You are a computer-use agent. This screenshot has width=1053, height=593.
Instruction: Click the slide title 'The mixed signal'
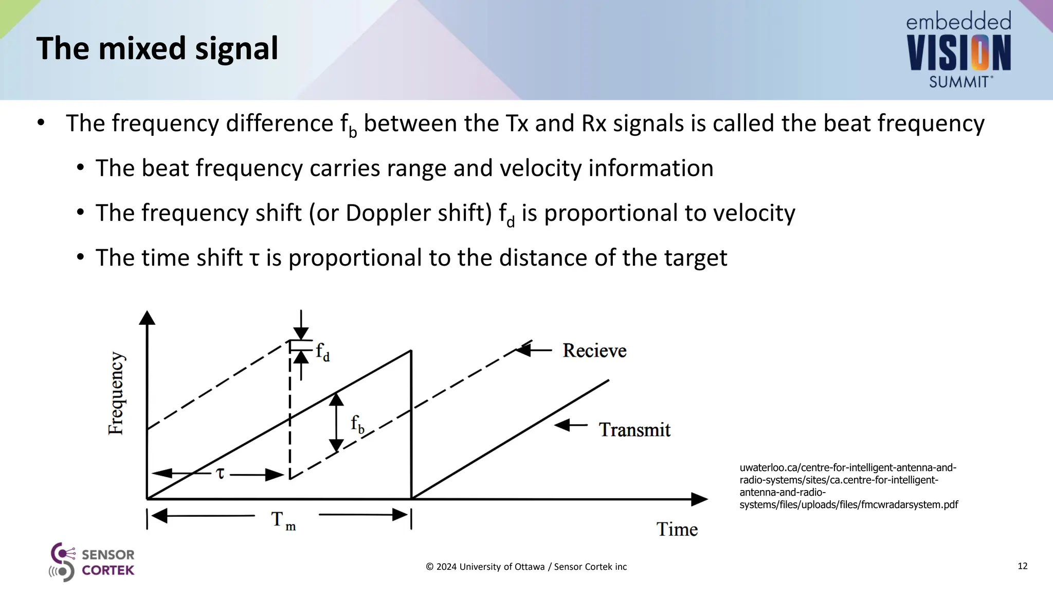tap(157, 48)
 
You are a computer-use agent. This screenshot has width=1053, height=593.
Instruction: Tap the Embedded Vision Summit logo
tap(959, 50)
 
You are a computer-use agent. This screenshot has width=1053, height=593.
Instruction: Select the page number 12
tap(1022, 566)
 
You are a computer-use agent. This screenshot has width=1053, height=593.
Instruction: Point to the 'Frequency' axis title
tap(116, 393)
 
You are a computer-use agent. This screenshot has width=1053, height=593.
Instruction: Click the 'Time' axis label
tap(677, 529)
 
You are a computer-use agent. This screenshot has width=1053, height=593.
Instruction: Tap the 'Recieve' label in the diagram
tap(594, 351)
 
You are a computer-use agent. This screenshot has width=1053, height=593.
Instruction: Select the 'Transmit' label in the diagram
tap(634, 429)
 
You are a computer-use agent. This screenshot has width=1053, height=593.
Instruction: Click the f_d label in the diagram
tap(322, 352)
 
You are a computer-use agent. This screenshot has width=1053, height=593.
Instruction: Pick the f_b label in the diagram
tap(357, 425)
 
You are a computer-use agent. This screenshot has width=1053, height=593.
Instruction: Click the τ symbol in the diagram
tap(220, 473)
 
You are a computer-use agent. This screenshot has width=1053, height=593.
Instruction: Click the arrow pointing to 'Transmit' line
tap(571, 425)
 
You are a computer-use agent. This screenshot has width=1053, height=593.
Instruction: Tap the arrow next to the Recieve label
tap(533, 350)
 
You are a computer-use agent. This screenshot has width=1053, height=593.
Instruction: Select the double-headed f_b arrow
tap(336, 423)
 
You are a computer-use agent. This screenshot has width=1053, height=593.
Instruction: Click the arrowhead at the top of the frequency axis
tap(147, 318)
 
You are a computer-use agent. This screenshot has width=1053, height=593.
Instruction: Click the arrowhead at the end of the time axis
tap(699, 499)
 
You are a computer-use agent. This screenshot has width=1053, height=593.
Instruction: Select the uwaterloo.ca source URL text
tap(848, 486)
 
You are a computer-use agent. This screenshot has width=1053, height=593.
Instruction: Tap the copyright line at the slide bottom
tap(526, 567)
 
